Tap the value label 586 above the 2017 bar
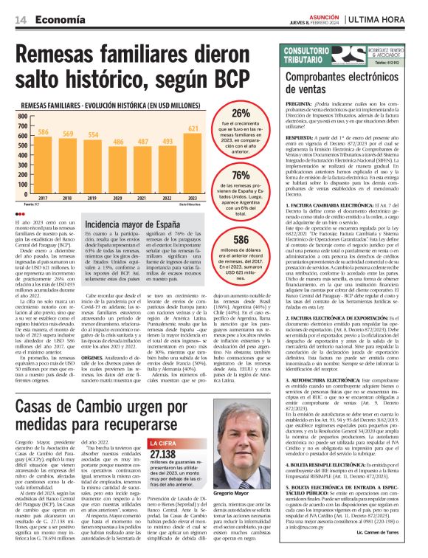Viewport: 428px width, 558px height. [43, 132]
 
